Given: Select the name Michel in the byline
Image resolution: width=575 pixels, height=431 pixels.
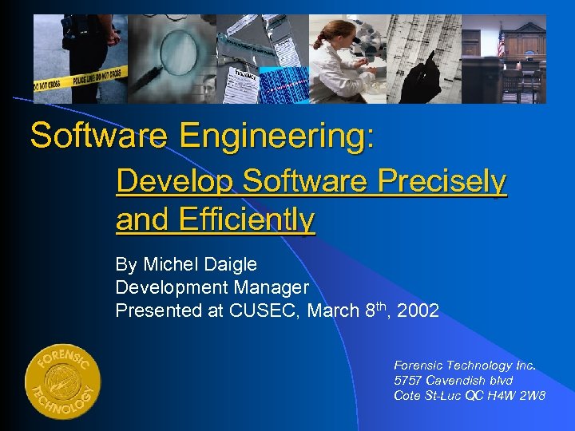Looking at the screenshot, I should pyautogui.click(x=169, y=264).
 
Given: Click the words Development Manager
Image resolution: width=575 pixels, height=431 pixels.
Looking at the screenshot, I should pyautogui.click(x=212, y=287).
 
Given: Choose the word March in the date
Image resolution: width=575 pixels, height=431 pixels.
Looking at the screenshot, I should pyautogui.click(x=330, y=310).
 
